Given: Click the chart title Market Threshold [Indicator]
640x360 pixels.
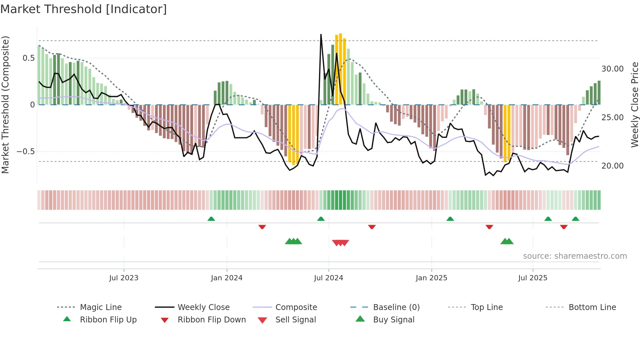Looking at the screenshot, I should tap(84, 9).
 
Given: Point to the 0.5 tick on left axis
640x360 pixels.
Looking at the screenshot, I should tap(28, 58).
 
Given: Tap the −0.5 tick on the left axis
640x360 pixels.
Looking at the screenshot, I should tap(26, 152).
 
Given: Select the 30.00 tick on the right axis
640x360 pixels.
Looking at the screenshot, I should tap(612, 69).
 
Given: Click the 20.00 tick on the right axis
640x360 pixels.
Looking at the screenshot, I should tap(612, 166).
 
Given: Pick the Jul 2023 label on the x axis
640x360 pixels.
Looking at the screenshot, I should tap(124, 278).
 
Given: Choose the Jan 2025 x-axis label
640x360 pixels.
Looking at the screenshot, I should tap(431, 278).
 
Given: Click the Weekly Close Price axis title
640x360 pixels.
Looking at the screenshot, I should tap(634, 105).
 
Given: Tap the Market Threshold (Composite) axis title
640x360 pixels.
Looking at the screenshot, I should tap(5, 105).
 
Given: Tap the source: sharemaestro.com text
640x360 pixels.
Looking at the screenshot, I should tap(575, 256).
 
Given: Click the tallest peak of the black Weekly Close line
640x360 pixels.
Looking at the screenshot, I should tap(321, 35).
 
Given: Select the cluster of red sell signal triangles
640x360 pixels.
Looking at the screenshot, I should tap(341, 243).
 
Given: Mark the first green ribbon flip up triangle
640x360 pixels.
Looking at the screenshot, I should tap(211, 219).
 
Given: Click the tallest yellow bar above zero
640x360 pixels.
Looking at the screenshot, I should tap(341, 69).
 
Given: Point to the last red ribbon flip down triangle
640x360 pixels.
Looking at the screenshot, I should tap(564, 227).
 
